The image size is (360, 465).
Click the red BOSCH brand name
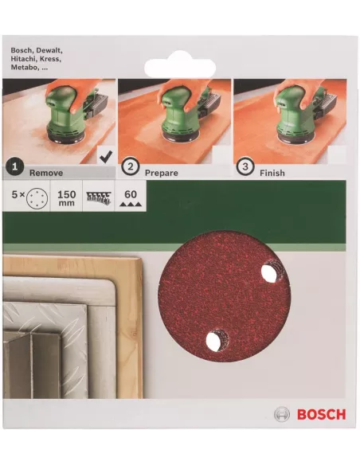[x=322, y=414]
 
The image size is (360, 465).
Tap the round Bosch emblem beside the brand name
[x=282, y=414]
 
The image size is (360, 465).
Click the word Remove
[x=46, y=173]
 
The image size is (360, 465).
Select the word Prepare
[x=162, y=174]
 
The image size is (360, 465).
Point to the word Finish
[x=272, y=173]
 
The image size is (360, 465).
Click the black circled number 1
[x=14, y=167]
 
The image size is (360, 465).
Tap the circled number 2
[x=130, y=166]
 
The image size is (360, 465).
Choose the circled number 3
[x=245, y=166]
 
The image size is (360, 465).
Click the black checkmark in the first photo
[x=106, y=157]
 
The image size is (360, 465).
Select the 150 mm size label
[x=66, y=197]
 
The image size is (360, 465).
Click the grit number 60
[x=131, y=194]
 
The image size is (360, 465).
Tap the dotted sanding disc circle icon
[x=37, y=197]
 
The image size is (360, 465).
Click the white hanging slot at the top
[x=180, y=68]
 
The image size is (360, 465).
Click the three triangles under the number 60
[x=131, y=204]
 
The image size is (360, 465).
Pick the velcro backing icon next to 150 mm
[x=98, y=197]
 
